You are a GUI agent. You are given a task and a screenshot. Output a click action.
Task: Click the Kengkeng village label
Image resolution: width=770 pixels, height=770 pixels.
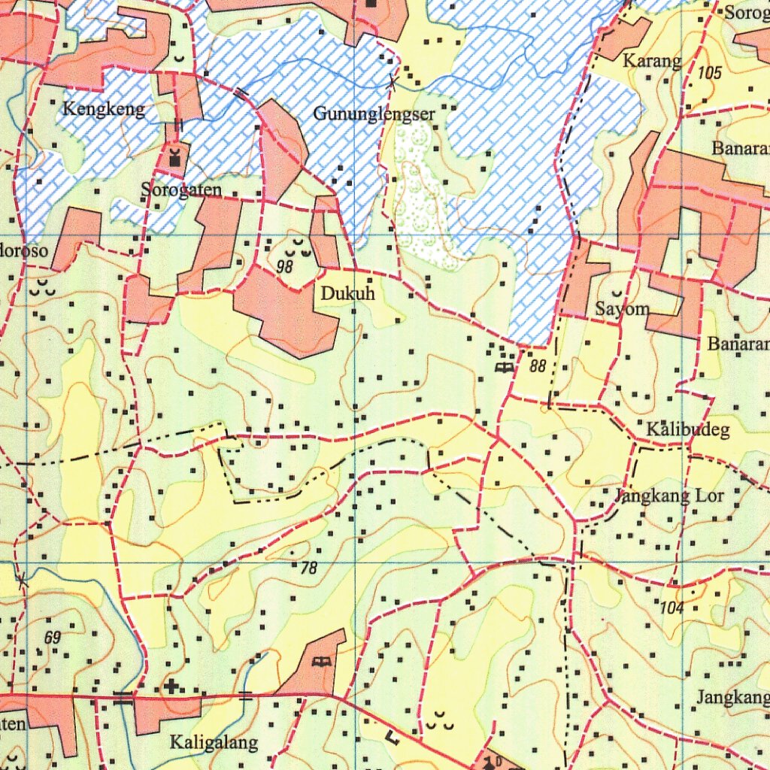tap(103, 110)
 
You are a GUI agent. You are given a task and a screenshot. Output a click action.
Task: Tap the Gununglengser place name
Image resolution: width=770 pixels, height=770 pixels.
tap(374, 114)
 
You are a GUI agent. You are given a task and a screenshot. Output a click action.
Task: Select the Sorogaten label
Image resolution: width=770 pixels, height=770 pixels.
tap(182, 190)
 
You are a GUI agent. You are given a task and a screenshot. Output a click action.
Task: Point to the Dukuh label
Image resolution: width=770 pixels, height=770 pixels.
tap(347, 294)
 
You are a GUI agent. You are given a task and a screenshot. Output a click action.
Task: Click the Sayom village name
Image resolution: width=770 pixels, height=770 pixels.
tap(621, 308)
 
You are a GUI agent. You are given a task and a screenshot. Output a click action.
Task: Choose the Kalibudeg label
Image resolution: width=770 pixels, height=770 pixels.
tap(688, 430)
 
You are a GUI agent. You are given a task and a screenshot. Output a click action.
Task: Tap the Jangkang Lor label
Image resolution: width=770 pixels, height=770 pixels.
tap(669, 496)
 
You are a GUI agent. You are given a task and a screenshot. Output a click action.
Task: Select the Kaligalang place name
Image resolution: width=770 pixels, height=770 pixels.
tap(214, 743)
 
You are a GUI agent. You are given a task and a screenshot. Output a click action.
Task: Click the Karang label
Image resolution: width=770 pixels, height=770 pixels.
tap(652, 61)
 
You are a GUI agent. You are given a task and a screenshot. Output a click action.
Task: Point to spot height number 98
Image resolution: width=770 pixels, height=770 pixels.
tap(284, 266)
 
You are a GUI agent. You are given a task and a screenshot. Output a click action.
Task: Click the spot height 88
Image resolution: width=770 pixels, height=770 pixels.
tap(537, 367)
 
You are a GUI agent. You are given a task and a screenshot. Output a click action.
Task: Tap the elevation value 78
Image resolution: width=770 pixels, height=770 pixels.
tap(308, 568)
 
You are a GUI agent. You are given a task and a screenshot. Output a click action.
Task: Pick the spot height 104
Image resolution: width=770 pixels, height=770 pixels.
tap(671, 608)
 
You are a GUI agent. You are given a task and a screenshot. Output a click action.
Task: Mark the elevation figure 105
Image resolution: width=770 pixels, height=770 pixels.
tap(709, 73)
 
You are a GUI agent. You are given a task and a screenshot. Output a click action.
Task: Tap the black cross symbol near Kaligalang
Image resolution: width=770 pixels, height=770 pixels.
tap(172, 686)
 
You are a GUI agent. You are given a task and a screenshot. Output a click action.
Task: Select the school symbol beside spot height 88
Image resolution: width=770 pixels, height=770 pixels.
tap(503, 367)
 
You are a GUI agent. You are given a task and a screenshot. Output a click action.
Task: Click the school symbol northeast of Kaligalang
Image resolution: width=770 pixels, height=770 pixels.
tap(322, 662)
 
